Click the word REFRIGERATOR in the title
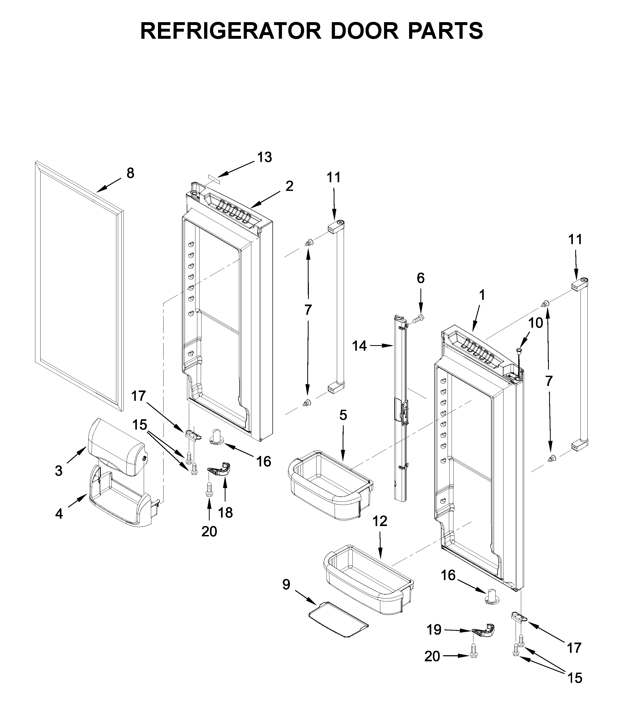coord(231,31)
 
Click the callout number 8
coord(130,173)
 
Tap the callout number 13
coord(264,157)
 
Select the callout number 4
coord(59,514)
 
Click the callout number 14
coord(359,346)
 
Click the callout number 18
coord(225,513)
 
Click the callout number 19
coord(434,630)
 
